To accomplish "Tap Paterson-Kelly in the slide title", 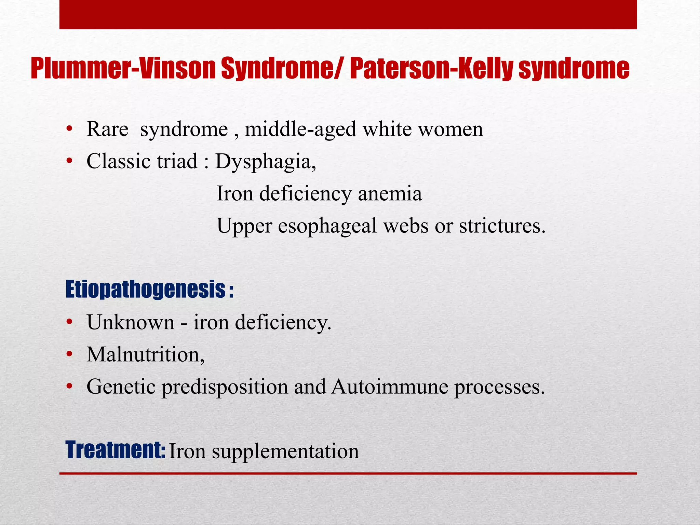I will [x=431, y=69].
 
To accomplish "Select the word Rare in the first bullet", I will [x=107, y=130].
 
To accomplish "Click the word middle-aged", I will [x=300, y=130].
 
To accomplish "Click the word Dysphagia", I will [x=265, y=162].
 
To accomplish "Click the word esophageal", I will [x=327, y=226].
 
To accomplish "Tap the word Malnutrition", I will [x=146, y=354].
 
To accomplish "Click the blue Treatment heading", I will [x=115, y=450].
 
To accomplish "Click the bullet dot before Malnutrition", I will [x=69, y=355].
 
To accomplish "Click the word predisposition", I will [x=225, y=388].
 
